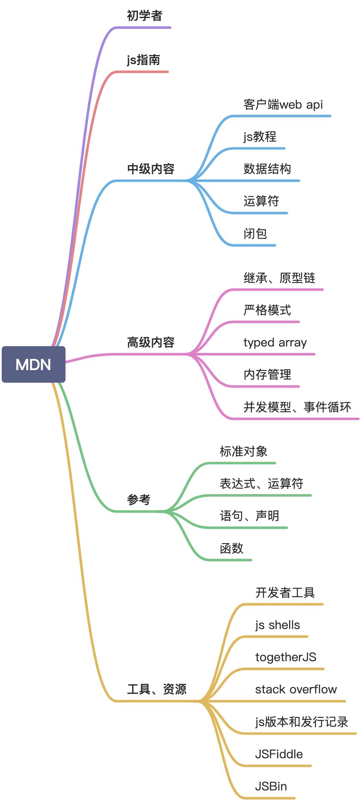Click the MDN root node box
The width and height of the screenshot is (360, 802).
tap(34, 365)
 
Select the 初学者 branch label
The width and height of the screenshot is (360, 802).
tap(145, 16)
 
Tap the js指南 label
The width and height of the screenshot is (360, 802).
tap(143, 60)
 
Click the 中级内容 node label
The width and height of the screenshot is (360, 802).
tap(151, 169)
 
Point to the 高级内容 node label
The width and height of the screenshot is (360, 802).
tap(151, 342)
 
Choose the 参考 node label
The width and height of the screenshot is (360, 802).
tap(139, 500)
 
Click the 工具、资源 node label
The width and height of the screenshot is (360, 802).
tap(157, 689)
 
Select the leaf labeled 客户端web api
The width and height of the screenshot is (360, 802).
tap(283, 104)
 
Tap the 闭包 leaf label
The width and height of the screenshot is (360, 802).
tap(255, 234)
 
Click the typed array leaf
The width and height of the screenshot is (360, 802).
tap(275, 343)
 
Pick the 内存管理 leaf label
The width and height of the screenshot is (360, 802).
tap(267, 375)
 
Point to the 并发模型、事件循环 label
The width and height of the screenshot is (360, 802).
tap(297, 407)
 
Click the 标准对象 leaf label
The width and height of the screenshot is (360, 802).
tap(244, 451)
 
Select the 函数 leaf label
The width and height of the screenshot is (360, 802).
tap(232, 548)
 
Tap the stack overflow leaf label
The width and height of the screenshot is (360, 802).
tap(296, 690)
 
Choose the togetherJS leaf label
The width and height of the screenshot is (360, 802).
tap(286, 657)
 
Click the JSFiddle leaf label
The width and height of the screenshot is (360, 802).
tap(279, 754)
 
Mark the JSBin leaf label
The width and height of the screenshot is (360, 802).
tap(271, 786)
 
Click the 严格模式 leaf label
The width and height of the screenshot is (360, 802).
tap(267, 310)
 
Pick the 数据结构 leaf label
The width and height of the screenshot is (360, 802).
tap(267, 169)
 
